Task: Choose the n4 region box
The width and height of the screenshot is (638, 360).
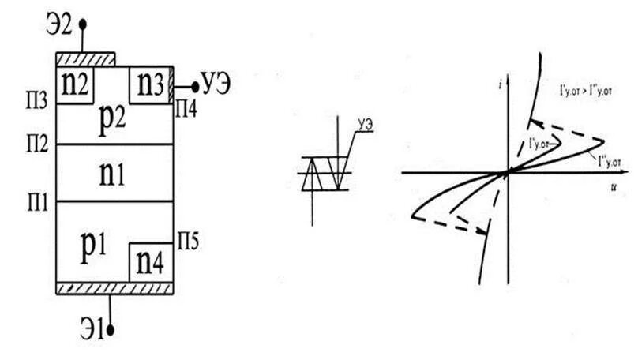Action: pyautogui.click(x=150, y=261)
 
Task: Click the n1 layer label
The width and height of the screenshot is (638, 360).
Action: pyautogui.click(x=115, y=173)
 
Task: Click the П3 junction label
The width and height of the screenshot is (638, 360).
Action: pyautogui.click(x=36, y=104)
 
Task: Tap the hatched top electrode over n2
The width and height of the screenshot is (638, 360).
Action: pyautogui.click(x=85, y=59)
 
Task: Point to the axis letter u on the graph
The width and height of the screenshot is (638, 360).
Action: pyautogui.click(x=612, y=189)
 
